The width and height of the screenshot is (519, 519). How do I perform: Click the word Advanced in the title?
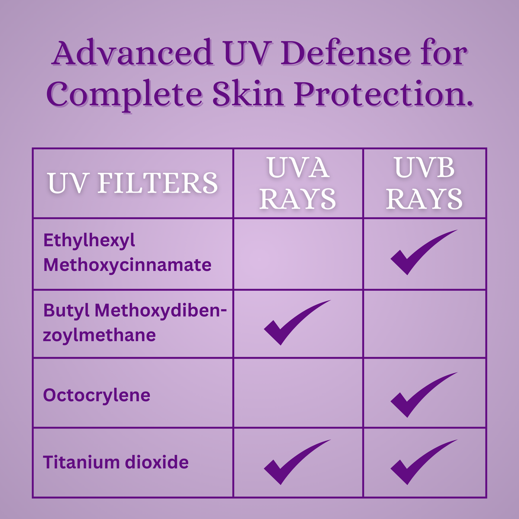click(x=132, y=52)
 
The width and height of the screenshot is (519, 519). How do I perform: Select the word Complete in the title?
click(x=124, y=94)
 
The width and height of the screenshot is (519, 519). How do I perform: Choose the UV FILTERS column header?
click(x=133, y=183)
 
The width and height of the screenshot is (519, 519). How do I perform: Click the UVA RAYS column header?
click(x=298, y=183)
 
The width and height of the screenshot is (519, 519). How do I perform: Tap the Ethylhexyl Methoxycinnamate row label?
click(x=127, y=253)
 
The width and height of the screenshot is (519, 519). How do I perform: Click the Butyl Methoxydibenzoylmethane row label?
click(x=135, y=323)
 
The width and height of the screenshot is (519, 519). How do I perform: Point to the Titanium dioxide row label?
click(x=116, y=463)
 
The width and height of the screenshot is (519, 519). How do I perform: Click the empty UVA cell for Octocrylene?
click(x=298, y=393)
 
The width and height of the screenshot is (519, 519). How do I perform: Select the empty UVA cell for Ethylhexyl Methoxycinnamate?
click(x=298, y=254)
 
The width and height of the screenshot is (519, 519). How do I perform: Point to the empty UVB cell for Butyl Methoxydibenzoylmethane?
click(x=425, y=324)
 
